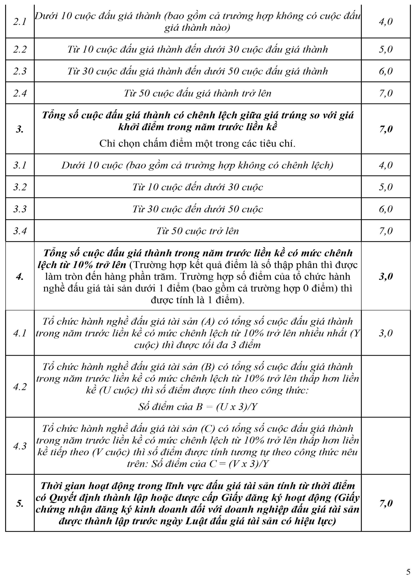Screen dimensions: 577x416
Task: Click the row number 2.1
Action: pyautogui.click(x=20, y=22)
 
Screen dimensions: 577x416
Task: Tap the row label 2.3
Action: pyautogui.click(x=20, y=71)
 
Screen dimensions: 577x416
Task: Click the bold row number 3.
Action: pyautogui.click(x=20, y=129)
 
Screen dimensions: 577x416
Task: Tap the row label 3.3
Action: pyautogui.click(x=20, y=209)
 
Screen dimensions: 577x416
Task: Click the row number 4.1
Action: pyautogui.click(x=20, y=333)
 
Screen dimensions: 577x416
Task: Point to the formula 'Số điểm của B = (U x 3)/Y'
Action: pyautogui.click(x=198, y=407)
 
